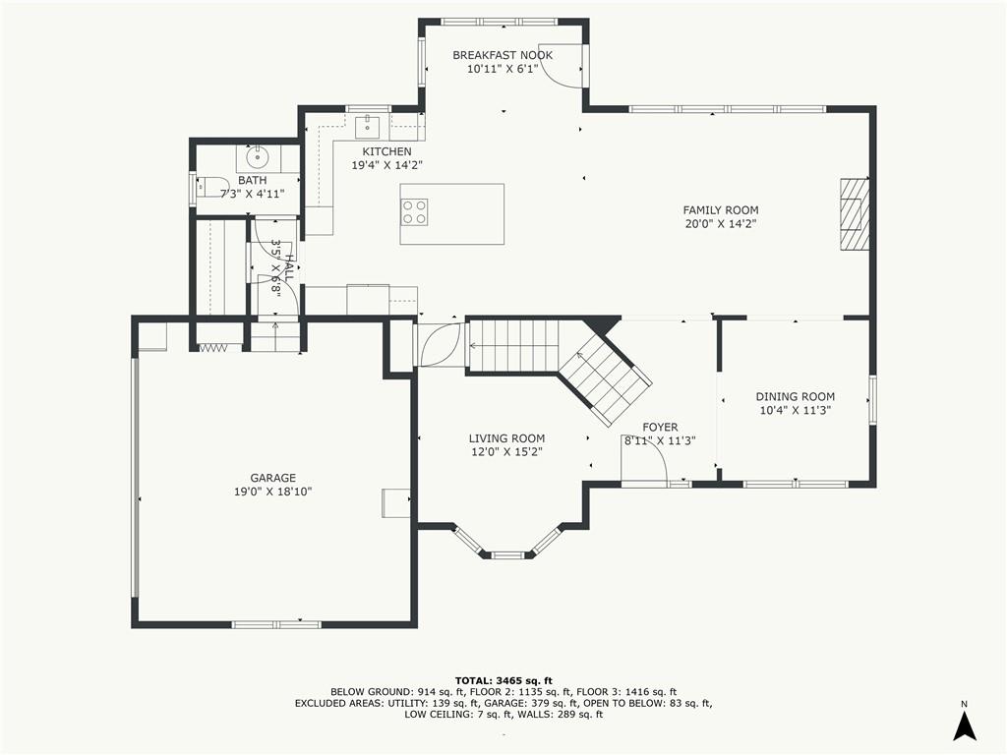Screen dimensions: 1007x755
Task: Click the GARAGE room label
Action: point(273,478)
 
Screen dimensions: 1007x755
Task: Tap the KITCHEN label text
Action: point(386,151)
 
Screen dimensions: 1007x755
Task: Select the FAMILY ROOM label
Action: point(721,210)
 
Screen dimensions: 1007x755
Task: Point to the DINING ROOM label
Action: point(795,397)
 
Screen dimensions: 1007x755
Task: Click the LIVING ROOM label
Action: point(506,438)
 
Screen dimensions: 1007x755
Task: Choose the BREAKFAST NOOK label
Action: point(503,55)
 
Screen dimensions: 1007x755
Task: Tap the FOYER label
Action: point(660,427)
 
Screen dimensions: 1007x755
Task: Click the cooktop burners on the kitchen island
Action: point(414,212)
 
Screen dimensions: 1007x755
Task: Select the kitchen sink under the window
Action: point(368,126)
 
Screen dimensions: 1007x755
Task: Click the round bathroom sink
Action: point(258,154)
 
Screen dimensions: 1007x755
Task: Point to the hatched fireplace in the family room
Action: point(855,213)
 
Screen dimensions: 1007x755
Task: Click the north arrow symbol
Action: point(964,726)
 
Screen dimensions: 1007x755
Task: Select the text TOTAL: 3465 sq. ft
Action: point(503,680)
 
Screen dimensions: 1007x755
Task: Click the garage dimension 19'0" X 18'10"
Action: point(273,492)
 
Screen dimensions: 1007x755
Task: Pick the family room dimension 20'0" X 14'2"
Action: point(721,224)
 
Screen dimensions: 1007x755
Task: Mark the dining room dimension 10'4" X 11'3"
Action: point(795,411)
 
